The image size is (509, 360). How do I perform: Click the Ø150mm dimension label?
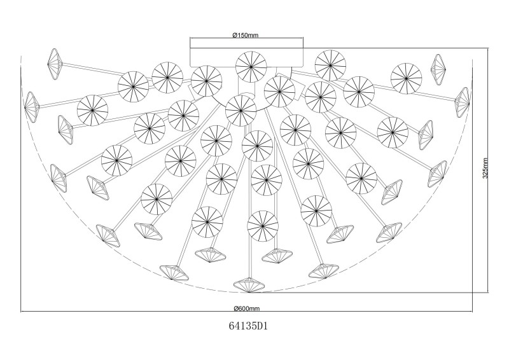242,34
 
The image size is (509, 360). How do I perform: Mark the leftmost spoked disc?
92,109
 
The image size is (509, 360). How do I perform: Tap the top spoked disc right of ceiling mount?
330,64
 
